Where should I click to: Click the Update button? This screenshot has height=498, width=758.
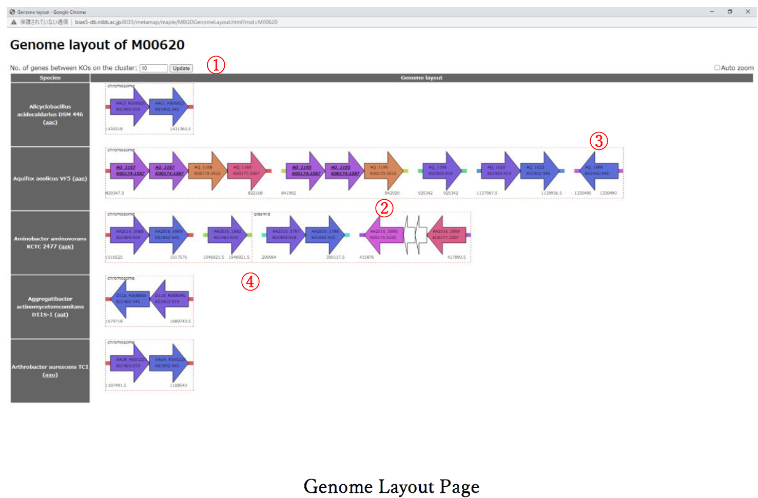click(x=181, y=68)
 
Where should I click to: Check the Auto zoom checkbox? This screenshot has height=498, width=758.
click(x=717, y=68)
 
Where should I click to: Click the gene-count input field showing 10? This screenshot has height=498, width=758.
click(x=153, y=68)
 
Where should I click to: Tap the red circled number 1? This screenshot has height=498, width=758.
click(x=216, y=65)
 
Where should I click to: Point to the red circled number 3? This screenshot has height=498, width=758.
click(x=598, y=141)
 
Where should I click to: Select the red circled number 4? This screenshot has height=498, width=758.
click(x=250, y=281)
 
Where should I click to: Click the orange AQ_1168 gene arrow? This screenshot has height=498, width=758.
click(x=207, y=170)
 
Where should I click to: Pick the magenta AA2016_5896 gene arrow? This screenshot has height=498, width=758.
click(x=383, y=235)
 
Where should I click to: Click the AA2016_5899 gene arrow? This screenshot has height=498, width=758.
click(x=446, y=235)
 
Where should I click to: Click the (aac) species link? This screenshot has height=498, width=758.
click(x=50, y=122)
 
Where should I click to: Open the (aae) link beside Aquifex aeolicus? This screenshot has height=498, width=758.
click(x=80, y=179)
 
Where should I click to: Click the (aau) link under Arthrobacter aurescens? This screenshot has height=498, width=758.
click(x=50, y=375)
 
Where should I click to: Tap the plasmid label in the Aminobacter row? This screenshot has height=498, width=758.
click(x=262, y=214)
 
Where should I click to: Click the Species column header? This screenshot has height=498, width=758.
click(x=50, y=78)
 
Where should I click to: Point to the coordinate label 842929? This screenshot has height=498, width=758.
click(x=392, y=193)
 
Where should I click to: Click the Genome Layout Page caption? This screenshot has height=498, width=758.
click(x=392, y=486)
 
